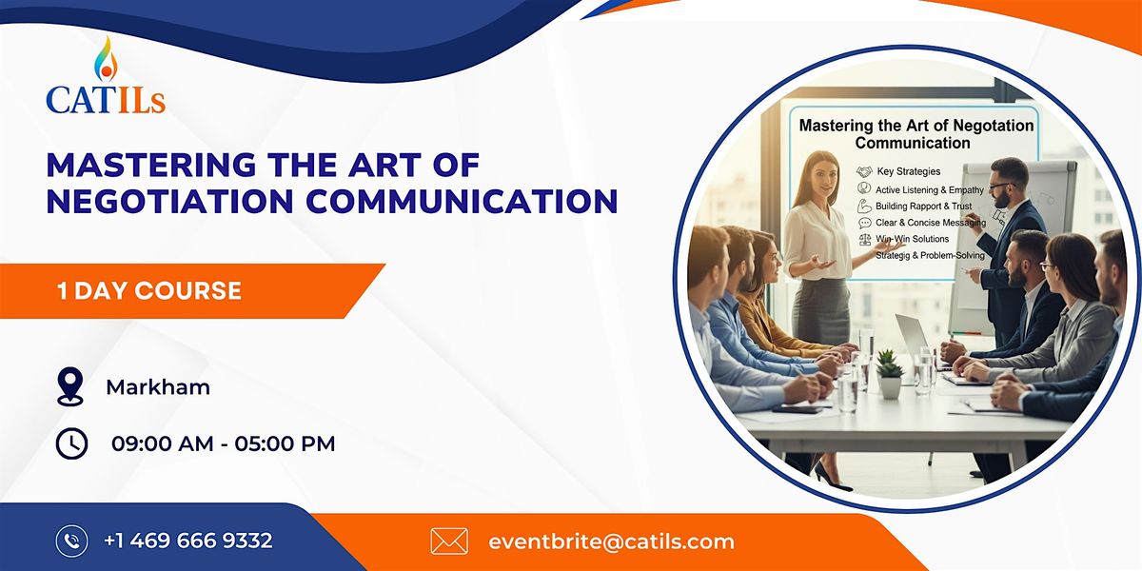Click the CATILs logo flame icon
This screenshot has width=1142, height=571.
(x=105, y=59)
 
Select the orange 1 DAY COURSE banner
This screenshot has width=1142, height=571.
(x=190, y=290)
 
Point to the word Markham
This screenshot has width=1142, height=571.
(x=158, y=387)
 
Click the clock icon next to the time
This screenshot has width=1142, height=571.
(x=71, y=443)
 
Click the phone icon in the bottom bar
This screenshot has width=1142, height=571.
(x=71, y=541)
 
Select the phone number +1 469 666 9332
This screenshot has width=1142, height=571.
(x=188, y=541)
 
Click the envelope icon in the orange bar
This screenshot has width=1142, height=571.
(x=449, y=541)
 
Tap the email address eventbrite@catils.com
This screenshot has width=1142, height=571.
(x=611, y=541)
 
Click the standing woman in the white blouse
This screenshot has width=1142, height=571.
(x=817, y=247)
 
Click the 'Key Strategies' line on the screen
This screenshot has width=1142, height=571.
(x=908, y=171)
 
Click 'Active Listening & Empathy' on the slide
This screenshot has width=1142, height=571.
(x=930, y=189)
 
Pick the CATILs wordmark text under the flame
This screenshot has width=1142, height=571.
(x=106, y=98)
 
